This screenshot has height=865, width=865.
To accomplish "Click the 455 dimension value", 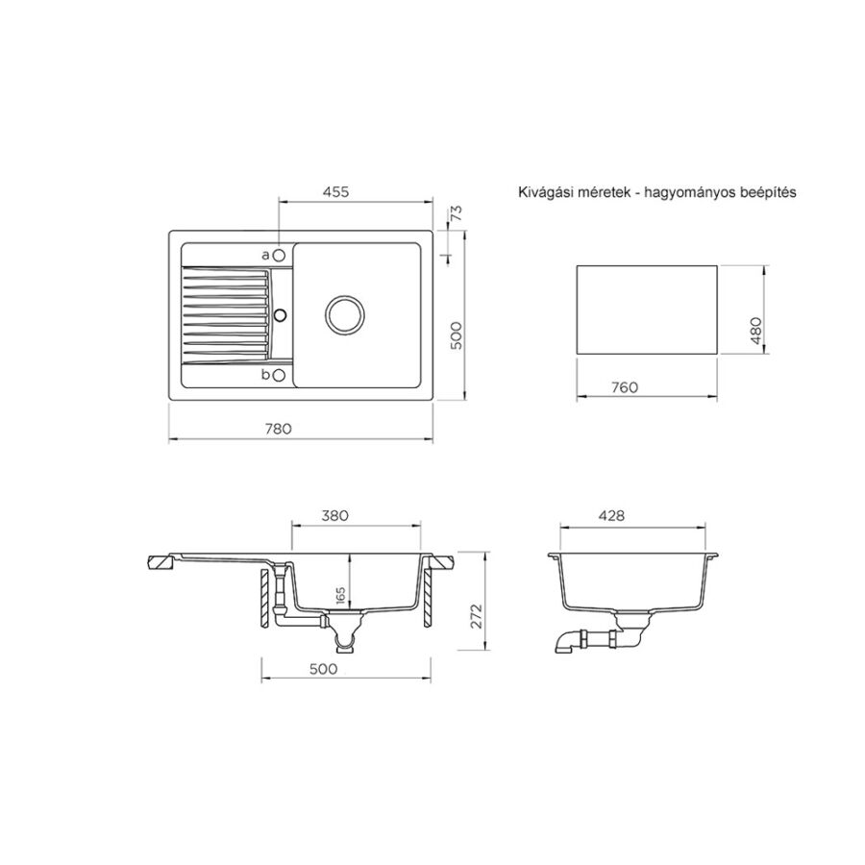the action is point(336,191).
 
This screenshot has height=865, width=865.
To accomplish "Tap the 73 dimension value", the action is point(457,213).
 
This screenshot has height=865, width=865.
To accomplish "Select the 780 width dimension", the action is point(279,429).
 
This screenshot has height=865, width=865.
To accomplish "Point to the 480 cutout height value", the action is point(755,331).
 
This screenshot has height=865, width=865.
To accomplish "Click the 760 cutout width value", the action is point(625,387).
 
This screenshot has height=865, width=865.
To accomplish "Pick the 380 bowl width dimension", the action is point(334,515).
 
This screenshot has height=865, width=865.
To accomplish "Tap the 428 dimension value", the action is point(612,515).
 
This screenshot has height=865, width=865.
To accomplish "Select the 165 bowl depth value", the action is point(340,596).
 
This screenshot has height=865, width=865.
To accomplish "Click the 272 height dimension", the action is point(477,616).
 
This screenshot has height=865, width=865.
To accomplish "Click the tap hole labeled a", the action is point(279,256).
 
